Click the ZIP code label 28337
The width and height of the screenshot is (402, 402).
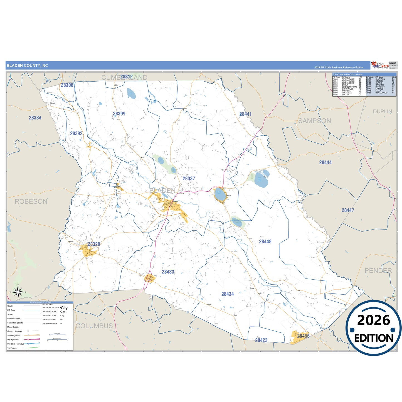coord(189,179)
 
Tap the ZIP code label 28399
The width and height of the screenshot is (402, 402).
coord(119,114)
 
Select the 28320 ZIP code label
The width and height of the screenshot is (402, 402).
coord(94,244)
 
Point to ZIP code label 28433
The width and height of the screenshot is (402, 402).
coord(168,272)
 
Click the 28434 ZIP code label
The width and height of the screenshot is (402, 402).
coord(228,294)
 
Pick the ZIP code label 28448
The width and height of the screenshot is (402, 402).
coord(265,241)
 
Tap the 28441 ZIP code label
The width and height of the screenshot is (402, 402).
coord(245,114)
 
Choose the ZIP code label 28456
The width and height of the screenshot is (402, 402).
coord(303,336)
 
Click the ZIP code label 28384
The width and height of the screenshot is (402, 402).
coord(35,118)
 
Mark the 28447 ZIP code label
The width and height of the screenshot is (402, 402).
coord(348,210)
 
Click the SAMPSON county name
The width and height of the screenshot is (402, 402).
coord(315,121)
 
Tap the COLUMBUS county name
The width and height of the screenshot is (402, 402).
coord(94,326)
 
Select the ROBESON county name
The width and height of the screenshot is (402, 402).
coord(31,201)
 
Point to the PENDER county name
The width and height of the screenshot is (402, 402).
coord(378,270)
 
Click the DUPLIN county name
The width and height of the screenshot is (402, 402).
coord(383,111)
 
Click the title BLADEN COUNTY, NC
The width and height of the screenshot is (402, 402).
coord(27,66)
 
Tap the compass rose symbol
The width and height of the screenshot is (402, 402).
coord(18,292)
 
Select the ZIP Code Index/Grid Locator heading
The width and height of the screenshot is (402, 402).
coord(348,75)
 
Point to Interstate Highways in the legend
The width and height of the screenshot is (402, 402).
coord(16,344)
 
